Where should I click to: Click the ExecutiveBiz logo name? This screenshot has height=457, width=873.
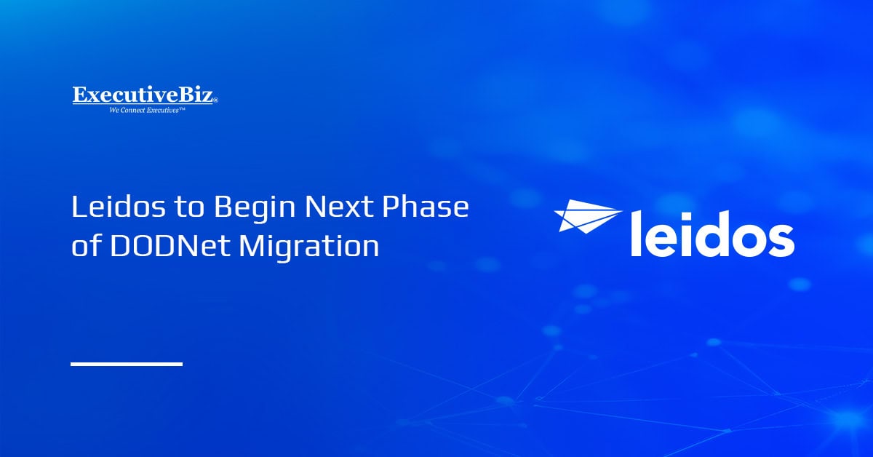tap(145, 95)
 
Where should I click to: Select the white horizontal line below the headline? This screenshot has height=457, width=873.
tap(126, 363)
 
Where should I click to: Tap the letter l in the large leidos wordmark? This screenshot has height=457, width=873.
tap(636, 229)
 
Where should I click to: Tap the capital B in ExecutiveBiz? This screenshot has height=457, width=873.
tap(185, 95)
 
